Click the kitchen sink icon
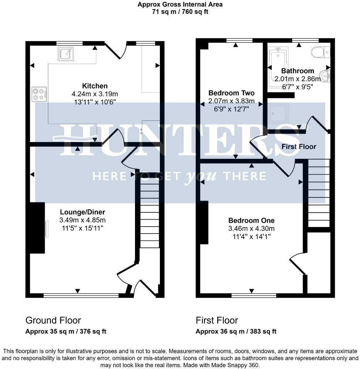coord(65,54)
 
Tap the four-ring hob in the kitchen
coord(39,93)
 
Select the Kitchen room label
coord(95,86)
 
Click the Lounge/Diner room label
coord(82,212)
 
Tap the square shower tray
coord(278,113)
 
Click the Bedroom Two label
coord(231,93)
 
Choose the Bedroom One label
coord(251,220)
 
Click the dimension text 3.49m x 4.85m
coord(82,220)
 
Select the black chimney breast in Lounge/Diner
coord(37,228)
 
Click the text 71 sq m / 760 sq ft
coord(180,12)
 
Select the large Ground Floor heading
coord(53,320)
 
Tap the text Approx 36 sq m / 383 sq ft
coord(236,332)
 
